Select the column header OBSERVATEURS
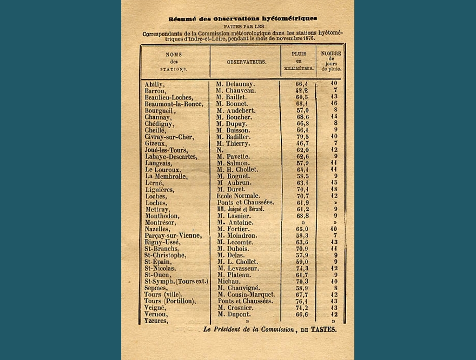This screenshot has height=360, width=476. click(246, 62)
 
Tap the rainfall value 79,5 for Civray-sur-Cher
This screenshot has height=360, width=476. click(302, 137)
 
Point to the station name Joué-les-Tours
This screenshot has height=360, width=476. click(166, 150)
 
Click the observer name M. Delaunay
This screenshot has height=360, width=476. click(236, 84)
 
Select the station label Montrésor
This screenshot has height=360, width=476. click(161, 223)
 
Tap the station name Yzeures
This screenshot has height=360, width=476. click(156, 321)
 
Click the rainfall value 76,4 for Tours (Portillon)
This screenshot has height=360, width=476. click(302, 301)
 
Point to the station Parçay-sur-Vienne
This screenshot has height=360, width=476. click(173, 236)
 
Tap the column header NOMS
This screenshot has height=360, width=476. click(174, 55)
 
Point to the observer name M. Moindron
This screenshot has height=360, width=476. click(239, 236)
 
